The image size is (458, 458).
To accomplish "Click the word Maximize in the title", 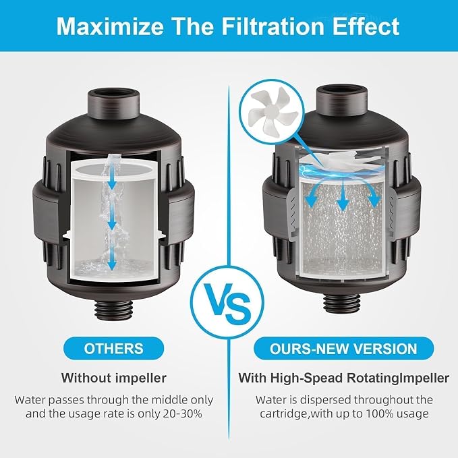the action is pos(110,26).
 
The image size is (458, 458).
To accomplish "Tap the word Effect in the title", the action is pos(366,26).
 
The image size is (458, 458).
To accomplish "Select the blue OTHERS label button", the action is pos(113,349).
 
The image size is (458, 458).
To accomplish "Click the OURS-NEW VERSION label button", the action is pos(343,349).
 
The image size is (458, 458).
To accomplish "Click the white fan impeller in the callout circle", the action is pos(272,109).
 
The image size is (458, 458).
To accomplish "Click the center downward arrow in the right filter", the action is pos(343,195).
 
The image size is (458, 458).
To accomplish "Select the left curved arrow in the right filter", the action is pos(314,192).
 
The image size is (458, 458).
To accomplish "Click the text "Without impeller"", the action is pos(113,378).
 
